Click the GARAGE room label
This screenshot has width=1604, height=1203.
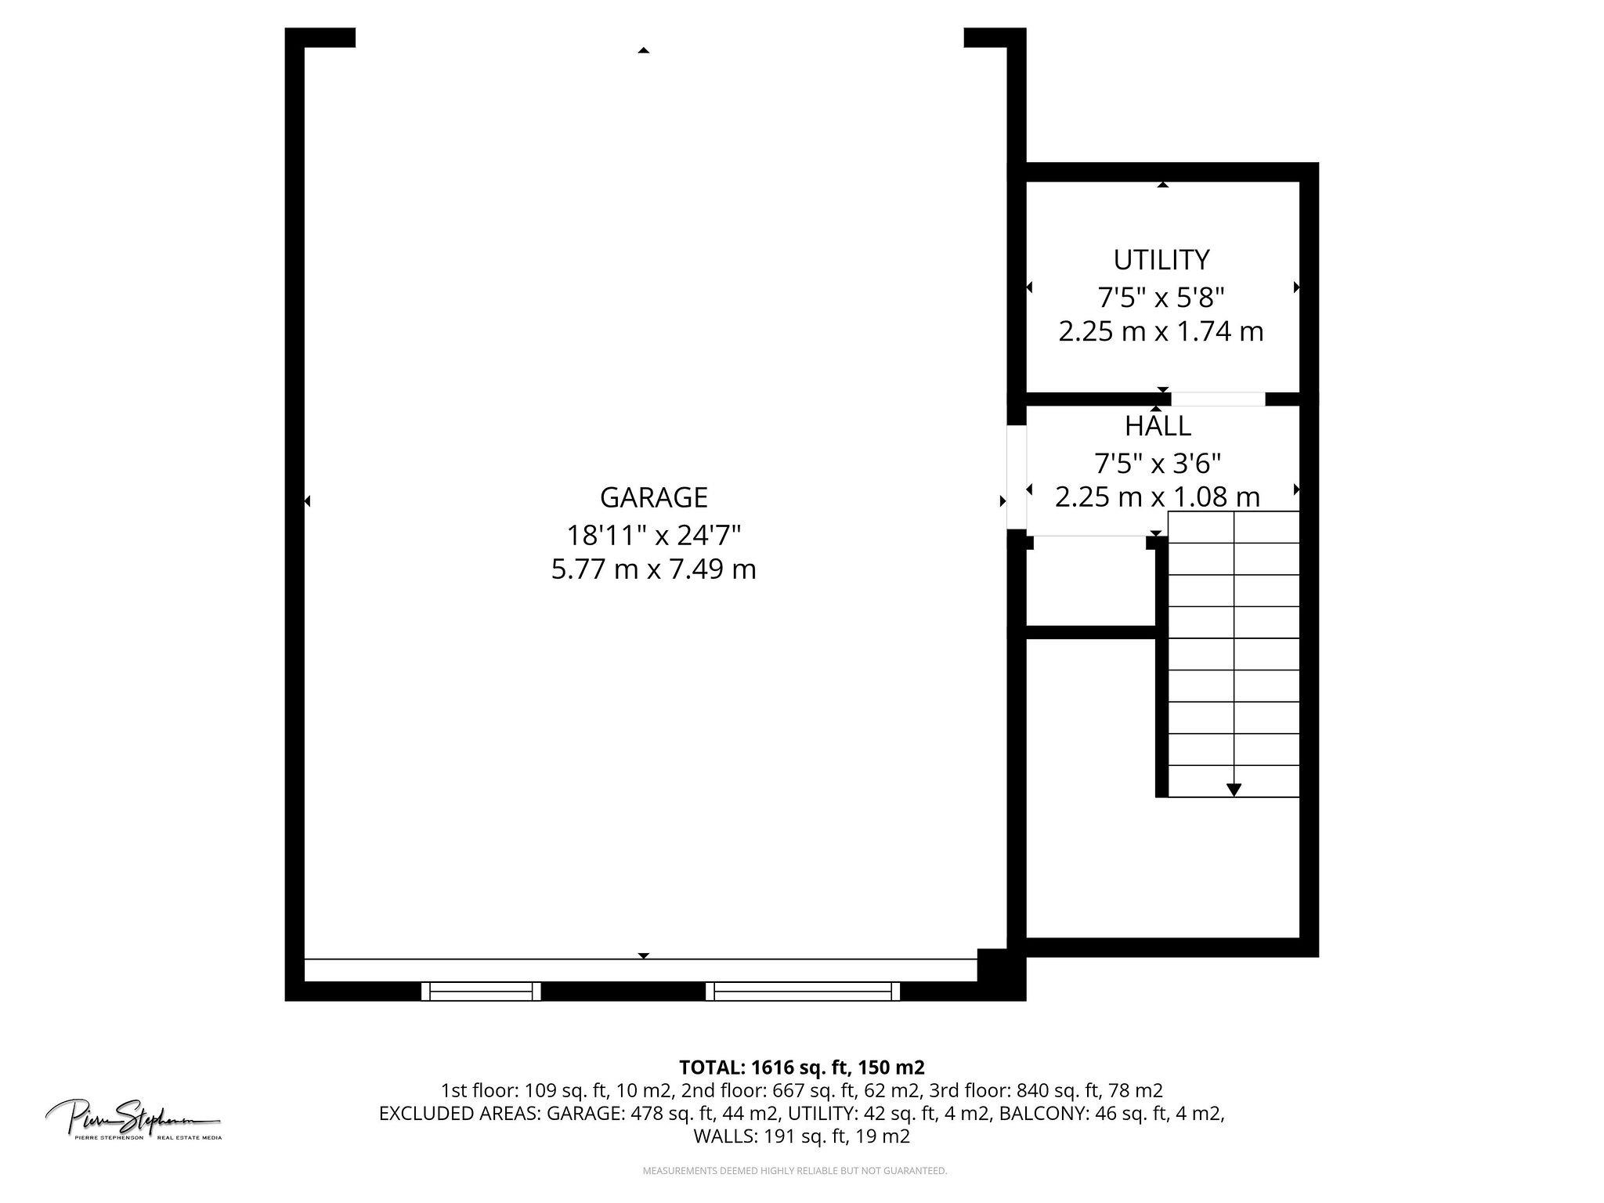click(x=653, y=497)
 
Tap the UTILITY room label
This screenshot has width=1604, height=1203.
click(x=1161, y=259)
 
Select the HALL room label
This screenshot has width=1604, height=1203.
click(x=1158, y=426)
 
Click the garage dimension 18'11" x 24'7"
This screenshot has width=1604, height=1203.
click(x=653, y=536)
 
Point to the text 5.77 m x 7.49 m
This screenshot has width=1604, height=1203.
click(x=653, y=569)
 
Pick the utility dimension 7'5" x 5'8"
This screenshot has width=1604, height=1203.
click(x=1161, y=298)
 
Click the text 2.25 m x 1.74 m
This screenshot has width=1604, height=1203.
click(x=1161, y=332)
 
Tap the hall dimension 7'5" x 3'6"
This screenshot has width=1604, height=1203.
click(x=1158, y=464)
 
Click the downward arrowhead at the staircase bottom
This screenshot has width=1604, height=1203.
click(x=1234, y=789)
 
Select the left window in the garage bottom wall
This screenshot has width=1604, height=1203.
click(x=481, y=992)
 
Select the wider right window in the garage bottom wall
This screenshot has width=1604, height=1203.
click(x=803, y=992)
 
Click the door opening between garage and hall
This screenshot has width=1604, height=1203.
click(x=1016, y=477)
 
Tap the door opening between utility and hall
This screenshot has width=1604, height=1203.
click(x=1218, y=399)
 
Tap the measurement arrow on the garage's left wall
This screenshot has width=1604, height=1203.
click(x=307, y=500)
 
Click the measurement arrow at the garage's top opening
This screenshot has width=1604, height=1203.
click(x=643, y=50)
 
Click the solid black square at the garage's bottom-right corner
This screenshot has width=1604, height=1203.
click(x=1001, y=974)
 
